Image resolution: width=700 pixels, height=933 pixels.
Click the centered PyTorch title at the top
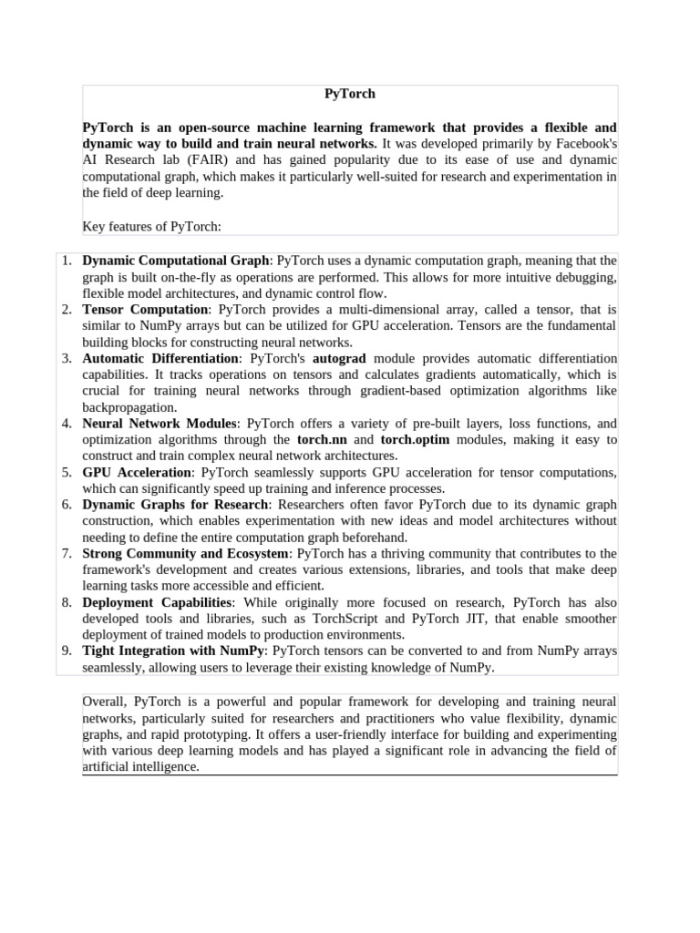tap(350, 94)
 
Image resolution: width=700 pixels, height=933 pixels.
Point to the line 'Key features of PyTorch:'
tap(152, 226)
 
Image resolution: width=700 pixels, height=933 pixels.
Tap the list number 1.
tap(67, 261)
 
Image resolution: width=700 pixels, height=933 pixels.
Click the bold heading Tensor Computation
tap(133, 310)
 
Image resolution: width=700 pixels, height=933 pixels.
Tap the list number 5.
tap(67, 473)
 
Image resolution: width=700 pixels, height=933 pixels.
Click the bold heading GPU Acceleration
tap(137, 473)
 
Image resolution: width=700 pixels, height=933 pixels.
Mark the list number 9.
tap(67, 651)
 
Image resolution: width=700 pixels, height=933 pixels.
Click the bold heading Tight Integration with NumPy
tap(173, 651)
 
